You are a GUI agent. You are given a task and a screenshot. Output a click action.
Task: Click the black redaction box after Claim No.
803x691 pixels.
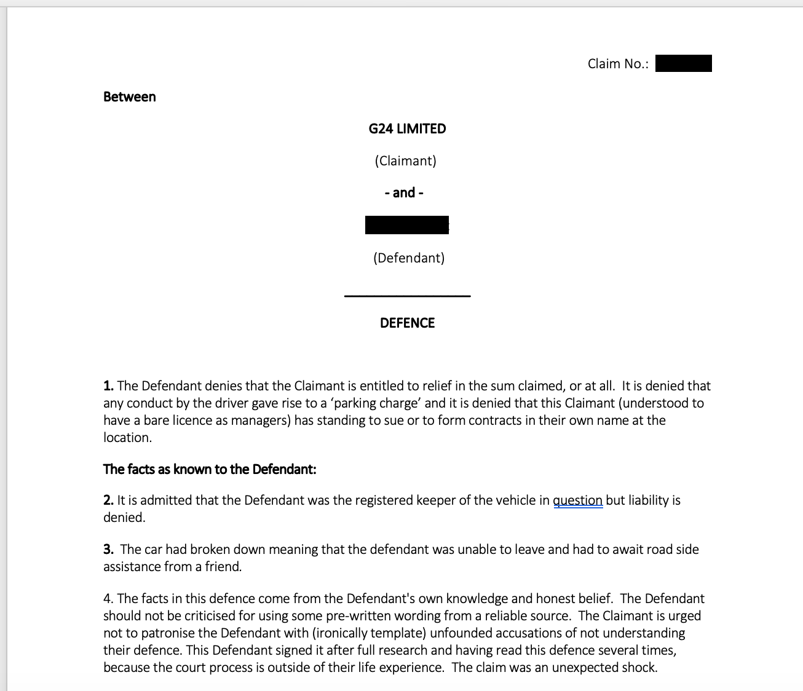(x=683, y=63)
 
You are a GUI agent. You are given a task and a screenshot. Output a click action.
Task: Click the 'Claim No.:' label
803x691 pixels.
(x=618, y=64)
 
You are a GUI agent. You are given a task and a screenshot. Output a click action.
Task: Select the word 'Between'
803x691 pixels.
(x=129, y=97)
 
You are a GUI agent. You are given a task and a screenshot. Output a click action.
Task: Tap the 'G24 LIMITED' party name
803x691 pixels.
(x=407, y=129)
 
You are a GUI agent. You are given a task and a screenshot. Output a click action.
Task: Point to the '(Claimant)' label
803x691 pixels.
(x=405, y=161)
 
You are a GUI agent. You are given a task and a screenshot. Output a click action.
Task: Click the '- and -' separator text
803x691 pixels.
(x=404, y=193)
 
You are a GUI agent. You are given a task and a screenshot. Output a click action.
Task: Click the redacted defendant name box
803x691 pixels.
(x=406, y=225)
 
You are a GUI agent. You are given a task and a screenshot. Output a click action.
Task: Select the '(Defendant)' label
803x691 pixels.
(x=408, y=258)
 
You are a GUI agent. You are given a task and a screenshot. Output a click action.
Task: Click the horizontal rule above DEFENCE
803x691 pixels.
(x=407, y=296)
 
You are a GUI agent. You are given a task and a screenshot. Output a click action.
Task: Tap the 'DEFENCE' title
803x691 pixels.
(x=407, y=323)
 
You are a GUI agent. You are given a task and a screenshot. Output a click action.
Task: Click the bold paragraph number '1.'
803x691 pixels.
(x=108, y=386)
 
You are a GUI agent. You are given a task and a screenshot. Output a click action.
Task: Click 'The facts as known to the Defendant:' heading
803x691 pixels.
(x=210, y=470)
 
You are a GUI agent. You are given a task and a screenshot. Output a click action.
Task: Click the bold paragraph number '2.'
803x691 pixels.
(x=108, y=500)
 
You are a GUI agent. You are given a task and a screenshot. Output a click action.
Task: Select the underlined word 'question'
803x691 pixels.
(x=577, y=500)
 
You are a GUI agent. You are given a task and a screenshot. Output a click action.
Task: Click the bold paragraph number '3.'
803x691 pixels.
(x=108, y=550)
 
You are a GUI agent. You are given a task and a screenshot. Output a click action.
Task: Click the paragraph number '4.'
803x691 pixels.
(x=108, y=599)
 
